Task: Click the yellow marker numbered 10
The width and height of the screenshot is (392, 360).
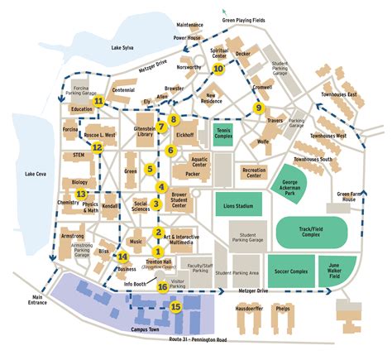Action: (218, 70)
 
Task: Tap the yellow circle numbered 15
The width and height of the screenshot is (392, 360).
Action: (175, 306)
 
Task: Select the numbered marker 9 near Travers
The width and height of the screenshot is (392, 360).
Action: (259, 108)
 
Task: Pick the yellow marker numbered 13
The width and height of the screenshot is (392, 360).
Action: (80, 194)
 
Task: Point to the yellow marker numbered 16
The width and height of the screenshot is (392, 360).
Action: (162, 287)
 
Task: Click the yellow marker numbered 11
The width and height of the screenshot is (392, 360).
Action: (98, 102)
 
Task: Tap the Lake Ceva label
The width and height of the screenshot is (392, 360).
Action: (36, 174)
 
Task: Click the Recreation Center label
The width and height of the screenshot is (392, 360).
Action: (253, 172)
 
